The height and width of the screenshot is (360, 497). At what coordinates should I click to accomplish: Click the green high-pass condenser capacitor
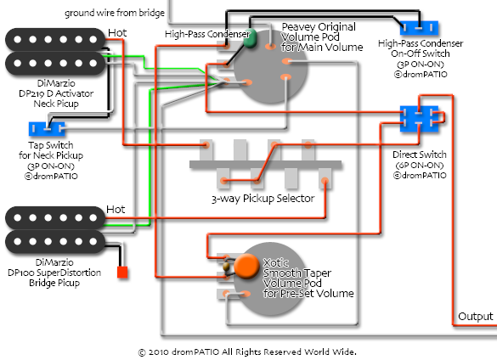pos(250,38)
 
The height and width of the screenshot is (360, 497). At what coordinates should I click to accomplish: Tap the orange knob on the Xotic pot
pos(246,267)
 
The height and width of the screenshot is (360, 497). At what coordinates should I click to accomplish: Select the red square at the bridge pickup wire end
pos(122,273)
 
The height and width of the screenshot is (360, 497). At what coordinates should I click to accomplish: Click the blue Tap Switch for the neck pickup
pos(47,129)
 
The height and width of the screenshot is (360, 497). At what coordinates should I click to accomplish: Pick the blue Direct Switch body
pos(419,119)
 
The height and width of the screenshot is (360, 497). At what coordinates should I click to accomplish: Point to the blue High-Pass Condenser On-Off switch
pos(419,28)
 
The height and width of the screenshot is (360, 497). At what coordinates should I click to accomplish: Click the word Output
pos(476,316)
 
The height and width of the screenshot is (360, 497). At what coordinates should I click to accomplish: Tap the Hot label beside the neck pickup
pos(117,32)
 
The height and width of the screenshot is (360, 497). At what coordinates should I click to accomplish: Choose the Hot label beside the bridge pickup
pos(116,209)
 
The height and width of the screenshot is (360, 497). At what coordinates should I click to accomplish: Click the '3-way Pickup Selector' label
pos(263,199)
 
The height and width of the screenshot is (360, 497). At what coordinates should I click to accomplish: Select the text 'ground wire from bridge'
pos(115,13)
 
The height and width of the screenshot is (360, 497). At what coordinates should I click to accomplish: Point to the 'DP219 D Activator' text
pos(56,93)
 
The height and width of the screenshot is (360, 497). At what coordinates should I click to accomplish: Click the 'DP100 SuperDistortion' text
pos(54,273)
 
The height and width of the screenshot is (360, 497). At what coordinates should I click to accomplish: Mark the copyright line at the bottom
pos(247,352)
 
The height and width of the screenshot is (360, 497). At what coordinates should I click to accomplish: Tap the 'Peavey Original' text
pos(319,27)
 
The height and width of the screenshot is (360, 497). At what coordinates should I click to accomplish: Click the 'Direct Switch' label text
pos(420,155)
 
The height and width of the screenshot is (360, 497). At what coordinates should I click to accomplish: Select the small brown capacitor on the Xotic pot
pos(226,267)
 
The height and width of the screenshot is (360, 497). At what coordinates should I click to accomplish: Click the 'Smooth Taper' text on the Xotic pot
pos(297,273)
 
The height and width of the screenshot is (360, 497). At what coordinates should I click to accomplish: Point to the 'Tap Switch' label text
pos(51,145)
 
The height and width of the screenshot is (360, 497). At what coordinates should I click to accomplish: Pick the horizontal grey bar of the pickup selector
pos(266,165)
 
